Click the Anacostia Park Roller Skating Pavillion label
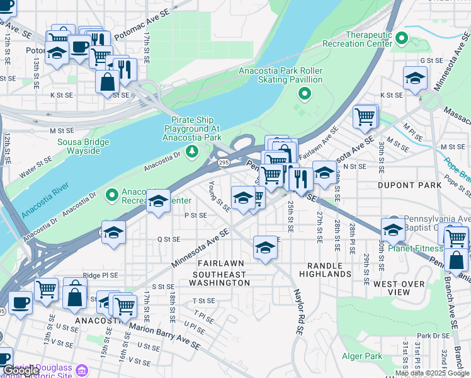[280, 76]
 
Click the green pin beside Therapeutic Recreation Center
[400, 38]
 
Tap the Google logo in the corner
[21, 370]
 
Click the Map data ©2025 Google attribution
[432, 373]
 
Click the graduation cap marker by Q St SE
[114, 232]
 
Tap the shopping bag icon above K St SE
[107, 81]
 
